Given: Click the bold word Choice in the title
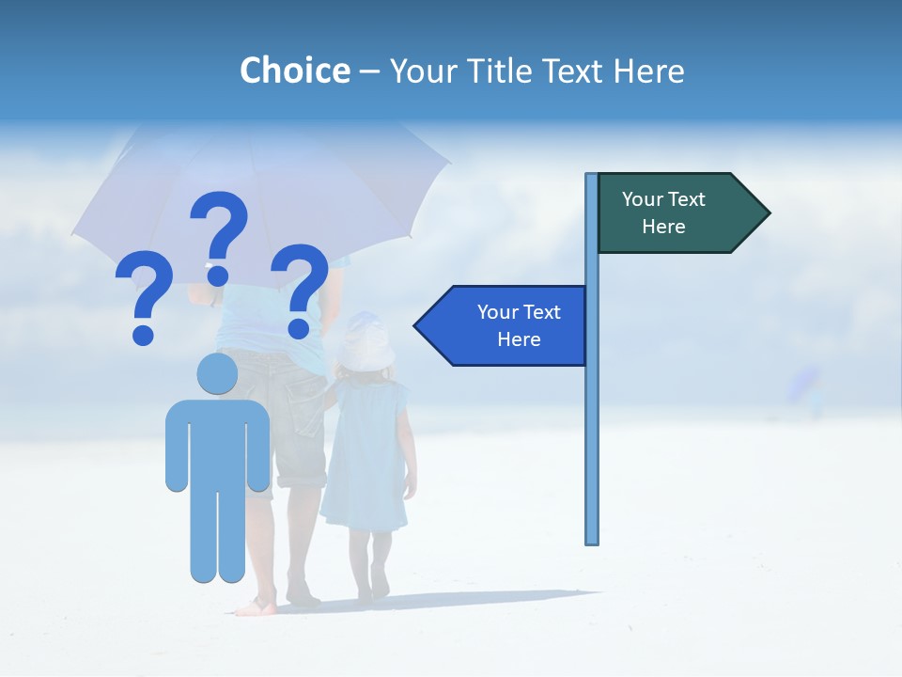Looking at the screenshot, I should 294,71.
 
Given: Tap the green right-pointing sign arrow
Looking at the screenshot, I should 682,213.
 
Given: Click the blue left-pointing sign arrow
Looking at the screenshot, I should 502,326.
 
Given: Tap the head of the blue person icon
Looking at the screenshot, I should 217,373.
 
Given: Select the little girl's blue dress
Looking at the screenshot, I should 365,456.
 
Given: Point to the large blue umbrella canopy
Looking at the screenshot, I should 263,188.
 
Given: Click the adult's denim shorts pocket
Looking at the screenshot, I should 306,405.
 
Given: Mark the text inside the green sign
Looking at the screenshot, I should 663,213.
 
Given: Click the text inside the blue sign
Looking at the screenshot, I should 519,325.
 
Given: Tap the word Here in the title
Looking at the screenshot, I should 648,71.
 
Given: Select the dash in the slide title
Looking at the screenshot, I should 369,71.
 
